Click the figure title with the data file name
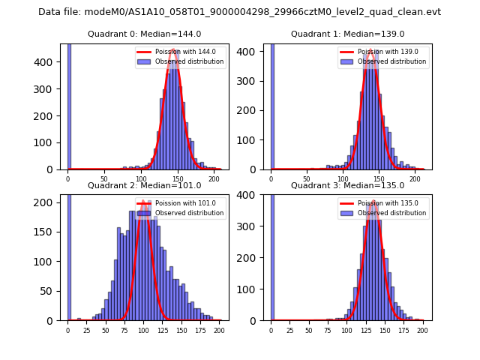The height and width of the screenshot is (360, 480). [x=239, y=12]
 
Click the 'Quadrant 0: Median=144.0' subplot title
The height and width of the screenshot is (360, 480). [x=145, y=34]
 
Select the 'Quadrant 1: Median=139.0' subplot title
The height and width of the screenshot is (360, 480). [x=347, y=34]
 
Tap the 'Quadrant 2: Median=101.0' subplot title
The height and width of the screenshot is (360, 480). [x=145, y=185]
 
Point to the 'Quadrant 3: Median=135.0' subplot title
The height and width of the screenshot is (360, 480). [x=347, y=185]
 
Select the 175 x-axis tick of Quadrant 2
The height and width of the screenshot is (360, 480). [x=199, y=330]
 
